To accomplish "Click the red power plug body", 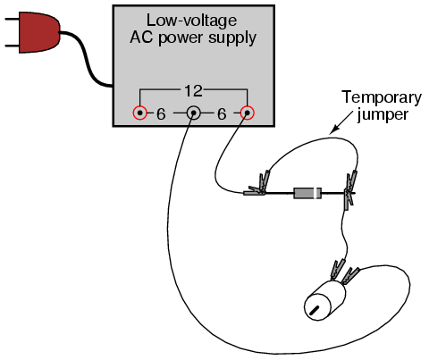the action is tap(38, 32).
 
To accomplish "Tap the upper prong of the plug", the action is tap(12, 20).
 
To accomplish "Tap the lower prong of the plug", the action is tap(12, 46).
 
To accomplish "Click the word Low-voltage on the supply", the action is tap(191, 21).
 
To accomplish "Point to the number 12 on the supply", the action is tap(193, 91).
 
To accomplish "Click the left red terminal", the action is tap(139, 113).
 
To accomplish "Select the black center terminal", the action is tap(193, 113).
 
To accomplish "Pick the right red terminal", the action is tap(247, 113).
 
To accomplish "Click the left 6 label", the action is tap(161, 114).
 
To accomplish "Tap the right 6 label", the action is tap(222, 114).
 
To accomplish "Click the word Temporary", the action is tap(382, 98).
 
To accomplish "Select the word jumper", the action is tap(383, 115).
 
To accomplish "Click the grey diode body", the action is tap(307, 193).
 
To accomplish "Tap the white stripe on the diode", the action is tap(315, 193).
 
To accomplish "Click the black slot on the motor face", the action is tap(315, 311).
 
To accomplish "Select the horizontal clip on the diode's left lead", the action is tap(254, 192).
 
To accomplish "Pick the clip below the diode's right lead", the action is tap(349, 199).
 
